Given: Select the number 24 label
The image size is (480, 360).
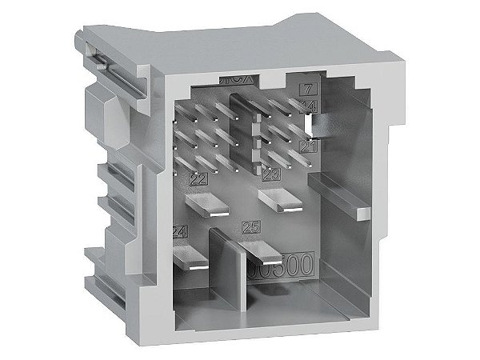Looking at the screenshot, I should [180, 232].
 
